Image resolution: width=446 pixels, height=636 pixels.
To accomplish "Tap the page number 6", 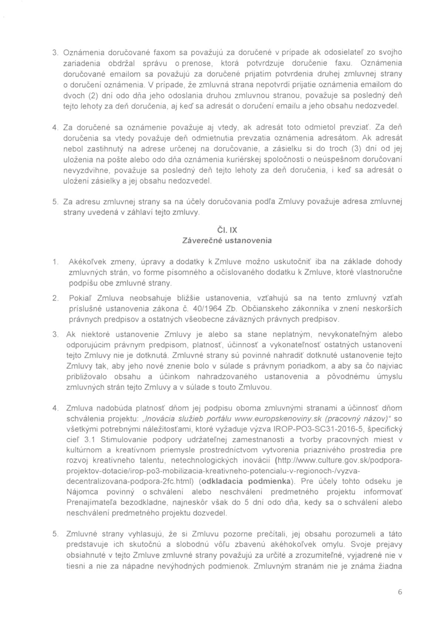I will tap(400, 592).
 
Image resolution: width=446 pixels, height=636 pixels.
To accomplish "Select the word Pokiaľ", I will tap(79, 298).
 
